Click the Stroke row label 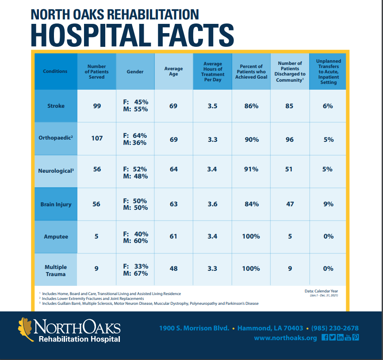(x=55, y=106)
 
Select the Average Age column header (x=173, y=71)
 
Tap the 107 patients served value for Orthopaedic (x=97, y=138)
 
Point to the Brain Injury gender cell (x=135, y=204)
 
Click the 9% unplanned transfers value (x=328, y=204)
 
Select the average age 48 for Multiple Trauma (x=173, y=268)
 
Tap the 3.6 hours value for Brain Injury (x=212, y=204)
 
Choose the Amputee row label (x=56, y=236)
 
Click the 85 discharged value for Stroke (x=289, y=106)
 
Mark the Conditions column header (x=55, y=71)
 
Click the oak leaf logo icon (x=25, y=330)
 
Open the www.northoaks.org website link (x=285, y=338)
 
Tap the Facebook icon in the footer (x=325, y=337)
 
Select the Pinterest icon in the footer (x=355, y=337)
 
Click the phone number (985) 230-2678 (x=335, y=328)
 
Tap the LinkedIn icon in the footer (x=340, y=337)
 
